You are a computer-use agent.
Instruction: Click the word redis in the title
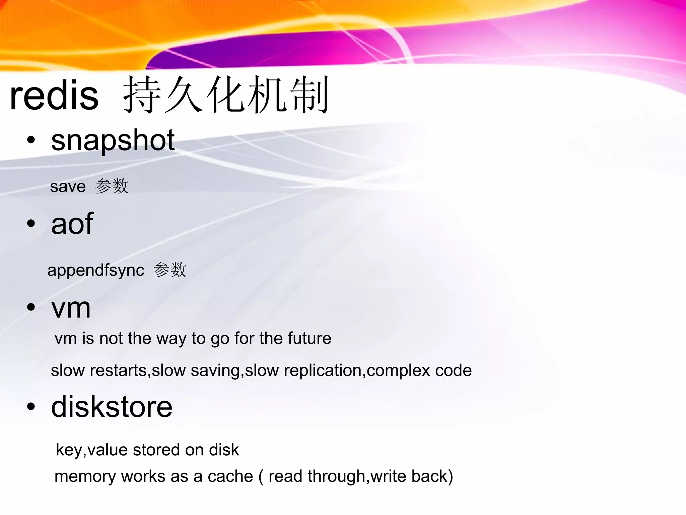click(54, 96)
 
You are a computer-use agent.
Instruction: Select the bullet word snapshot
click(113, 140)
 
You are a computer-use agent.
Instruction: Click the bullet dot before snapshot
click(31, 140)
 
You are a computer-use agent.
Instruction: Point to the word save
click(68, 186)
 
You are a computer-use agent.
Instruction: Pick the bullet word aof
click(72, 224)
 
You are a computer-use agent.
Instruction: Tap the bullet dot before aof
click(31, 224)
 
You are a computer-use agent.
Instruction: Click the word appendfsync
click(96, 270)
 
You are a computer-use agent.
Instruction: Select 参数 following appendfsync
click(169, 270)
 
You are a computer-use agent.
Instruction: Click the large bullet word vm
click(71, 308)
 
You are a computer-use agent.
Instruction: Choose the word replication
click(323, 370)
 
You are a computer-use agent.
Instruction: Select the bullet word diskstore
click(112, 407)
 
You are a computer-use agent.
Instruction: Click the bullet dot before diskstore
click(31, 407)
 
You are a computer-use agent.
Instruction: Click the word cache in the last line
click(230, 476)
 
